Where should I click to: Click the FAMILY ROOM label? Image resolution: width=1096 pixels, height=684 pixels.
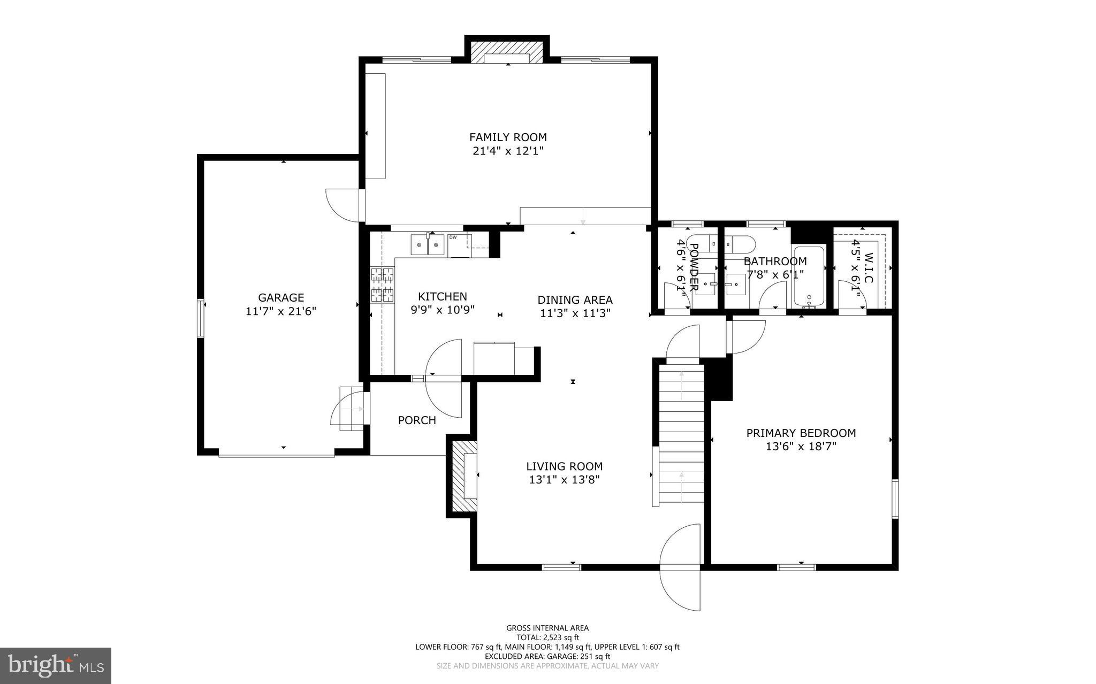point(508,137)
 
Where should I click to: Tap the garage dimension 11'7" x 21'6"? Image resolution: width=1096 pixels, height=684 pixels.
point(281,312)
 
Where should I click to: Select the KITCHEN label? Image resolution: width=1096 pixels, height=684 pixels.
point(442,296)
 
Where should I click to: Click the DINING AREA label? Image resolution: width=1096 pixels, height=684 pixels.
point(575,300)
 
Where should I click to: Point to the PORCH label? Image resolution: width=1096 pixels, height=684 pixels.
point(417,420)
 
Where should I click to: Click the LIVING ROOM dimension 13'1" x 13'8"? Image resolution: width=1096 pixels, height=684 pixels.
point(564,480)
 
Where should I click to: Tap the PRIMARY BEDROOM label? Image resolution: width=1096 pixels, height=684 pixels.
point(801,433)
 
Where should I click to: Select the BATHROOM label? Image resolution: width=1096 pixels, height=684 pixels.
point(775,262)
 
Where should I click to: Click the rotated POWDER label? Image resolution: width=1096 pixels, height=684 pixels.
point(694,267)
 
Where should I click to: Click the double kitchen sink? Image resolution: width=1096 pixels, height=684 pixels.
point(428,245)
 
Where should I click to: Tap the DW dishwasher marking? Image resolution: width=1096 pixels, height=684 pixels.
point(453,237)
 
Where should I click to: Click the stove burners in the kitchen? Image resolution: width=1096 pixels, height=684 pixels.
point(383,285)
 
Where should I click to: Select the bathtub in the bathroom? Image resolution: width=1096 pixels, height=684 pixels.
point(809,276)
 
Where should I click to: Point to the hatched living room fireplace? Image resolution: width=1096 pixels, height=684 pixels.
point(461,476)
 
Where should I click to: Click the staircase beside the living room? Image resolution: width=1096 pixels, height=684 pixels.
point(681,433)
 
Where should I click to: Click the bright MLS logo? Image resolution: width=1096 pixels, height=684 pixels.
point(56,665)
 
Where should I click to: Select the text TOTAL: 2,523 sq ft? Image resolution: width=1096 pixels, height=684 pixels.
point(547,637)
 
